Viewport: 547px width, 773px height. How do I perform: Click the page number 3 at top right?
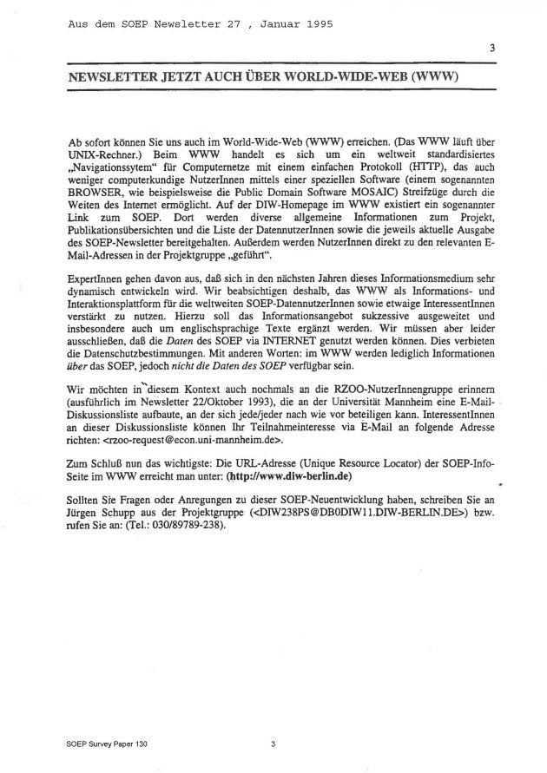point(491,49)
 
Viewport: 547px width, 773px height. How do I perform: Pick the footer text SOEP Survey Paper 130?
point(104,744)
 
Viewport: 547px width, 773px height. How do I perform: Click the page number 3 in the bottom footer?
point(273,744)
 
